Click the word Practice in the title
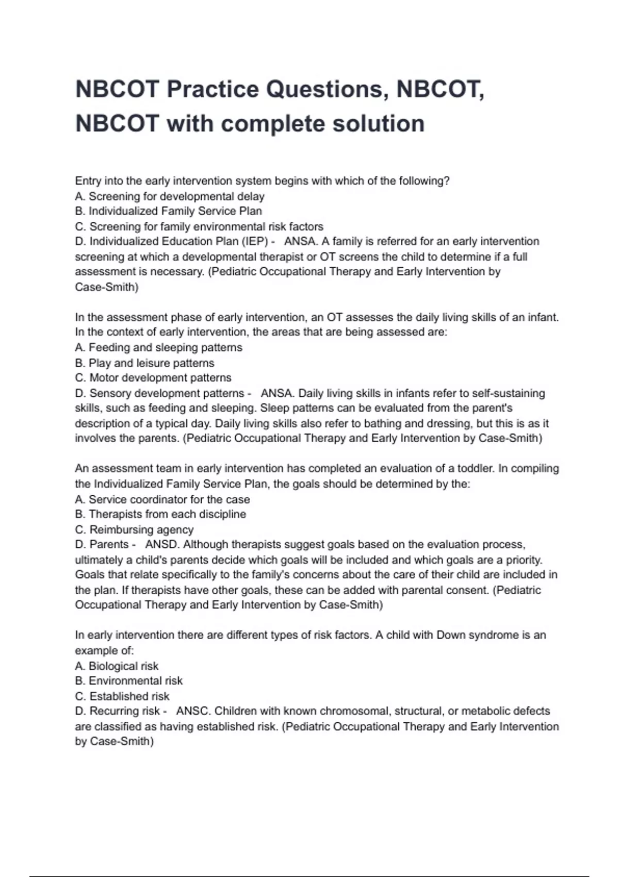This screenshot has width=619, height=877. tap(213, 89)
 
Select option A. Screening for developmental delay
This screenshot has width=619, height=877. tap(170, 197)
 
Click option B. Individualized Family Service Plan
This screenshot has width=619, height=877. tap(169, 212)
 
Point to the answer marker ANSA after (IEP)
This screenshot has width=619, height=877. tap(299, 241)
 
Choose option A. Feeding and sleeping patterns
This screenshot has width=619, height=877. tap(158, 348)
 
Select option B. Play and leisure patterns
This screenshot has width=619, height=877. tap(144, 363)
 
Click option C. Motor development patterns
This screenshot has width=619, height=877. tap(153, 378)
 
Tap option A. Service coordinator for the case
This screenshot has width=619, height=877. tap(162, 499)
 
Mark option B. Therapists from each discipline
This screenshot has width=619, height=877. tap(160, 514)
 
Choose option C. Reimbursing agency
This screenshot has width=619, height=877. tap(134, 530)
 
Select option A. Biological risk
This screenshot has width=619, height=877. tap(117, 666)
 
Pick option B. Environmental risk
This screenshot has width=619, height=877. tap(129, 681)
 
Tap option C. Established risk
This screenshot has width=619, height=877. tap(122, 696)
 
